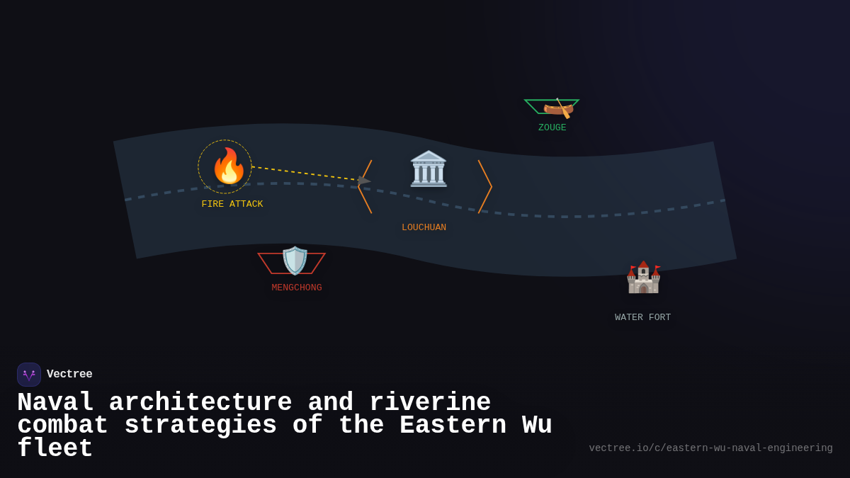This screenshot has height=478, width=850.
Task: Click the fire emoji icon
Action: pos(228,166)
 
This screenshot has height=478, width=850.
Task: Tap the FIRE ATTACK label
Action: pos(232,204)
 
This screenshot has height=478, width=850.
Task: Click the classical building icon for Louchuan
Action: pos(429,169)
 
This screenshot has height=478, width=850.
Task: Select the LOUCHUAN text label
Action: pos(424,227)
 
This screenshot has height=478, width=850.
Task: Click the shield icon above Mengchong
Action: pos(295,261)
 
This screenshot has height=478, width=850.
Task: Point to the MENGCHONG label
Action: pos(296,288)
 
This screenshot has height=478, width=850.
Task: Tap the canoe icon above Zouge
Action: pos(558,108)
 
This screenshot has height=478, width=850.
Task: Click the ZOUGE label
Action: pos(552,127)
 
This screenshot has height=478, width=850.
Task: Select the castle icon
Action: pos(643,278)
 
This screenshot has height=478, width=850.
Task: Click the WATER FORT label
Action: pos(642,317)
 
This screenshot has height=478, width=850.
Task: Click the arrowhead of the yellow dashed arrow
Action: pos(363,181)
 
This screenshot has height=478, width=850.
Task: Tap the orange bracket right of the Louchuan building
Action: pos(485,186)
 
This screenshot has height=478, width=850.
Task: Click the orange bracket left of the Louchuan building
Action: pos(365,186)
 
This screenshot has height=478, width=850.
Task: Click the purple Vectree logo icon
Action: pos(29,375)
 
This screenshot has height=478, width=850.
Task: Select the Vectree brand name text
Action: pos(69,374)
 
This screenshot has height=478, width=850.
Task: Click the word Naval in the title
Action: pos(55,403)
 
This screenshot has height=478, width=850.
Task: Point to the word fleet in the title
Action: pos(55,448)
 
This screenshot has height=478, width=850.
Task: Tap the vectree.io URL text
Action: pos(710,448)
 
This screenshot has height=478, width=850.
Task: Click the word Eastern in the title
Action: pos(453,426)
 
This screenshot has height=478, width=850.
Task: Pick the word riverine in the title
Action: pos(430,403)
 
